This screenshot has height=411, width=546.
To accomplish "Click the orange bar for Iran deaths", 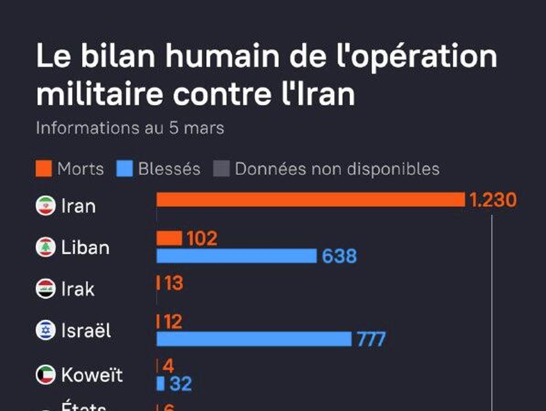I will coord(311,200).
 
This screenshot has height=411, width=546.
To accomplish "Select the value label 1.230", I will coord(493,200).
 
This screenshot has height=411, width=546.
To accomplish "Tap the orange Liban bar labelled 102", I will coord(169,238).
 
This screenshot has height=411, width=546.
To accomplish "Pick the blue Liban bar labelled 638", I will coord(237,256).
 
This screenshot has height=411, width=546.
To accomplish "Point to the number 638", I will coord(339,256).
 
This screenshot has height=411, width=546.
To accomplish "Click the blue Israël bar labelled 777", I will coord(254,339).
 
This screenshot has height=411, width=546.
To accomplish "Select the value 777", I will coord(371,339).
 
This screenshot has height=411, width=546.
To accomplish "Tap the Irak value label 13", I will coord(173,283).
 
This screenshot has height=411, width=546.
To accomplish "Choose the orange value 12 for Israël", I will coord(173,322).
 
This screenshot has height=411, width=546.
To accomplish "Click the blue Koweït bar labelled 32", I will coord(161,383).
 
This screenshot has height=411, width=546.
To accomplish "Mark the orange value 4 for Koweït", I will coord(168,366).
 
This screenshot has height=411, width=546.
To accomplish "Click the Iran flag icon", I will coord(45,205).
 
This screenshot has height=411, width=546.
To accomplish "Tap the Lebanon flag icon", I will coord(45,247).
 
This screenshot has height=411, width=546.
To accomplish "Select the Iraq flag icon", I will coord(45,289).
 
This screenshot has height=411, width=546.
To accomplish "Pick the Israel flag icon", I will coord(45,330).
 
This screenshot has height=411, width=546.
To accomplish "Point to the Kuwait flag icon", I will coord(45,375).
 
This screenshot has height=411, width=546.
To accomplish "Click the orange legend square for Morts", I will coord(44,168).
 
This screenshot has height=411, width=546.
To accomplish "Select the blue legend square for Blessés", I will coord(125,168).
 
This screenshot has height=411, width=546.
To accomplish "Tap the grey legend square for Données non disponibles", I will coord(222,168).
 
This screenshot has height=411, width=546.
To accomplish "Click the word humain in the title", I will coord(222,56).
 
